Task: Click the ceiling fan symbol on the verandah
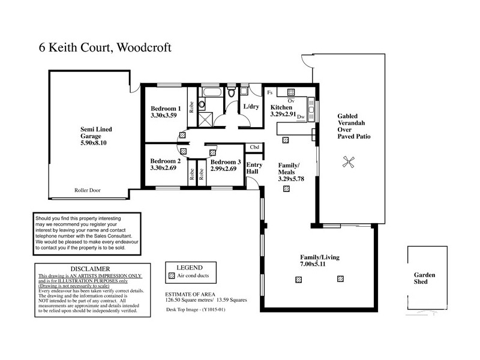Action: tap(347, 161)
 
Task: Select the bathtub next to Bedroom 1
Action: tap(211, 93)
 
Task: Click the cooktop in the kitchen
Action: tap(291, 92)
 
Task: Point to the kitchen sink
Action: tap(311, 106)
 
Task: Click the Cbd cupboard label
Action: tap(254, 148)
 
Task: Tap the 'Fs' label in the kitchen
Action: tap(270, 93)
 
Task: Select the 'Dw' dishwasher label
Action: tap(301, 116)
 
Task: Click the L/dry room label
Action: tap(250, 107)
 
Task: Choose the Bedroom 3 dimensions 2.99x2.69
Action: tap(225, 169)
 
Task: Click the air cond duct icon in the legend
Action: tap(171, 276)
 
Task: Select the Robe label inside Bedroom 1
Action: tap(191, 107)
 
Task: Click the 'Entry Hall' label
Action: tap(254, 169)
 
